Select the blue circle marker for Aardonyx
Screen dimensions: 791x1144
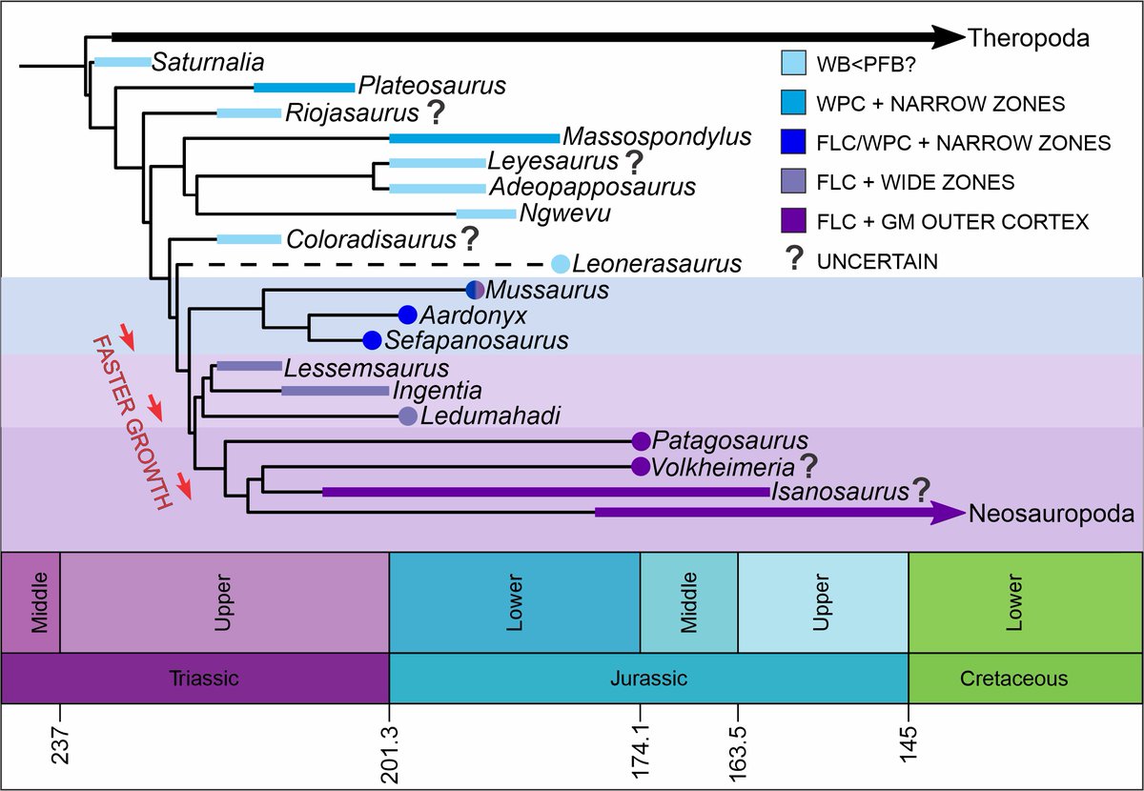coord(408,314)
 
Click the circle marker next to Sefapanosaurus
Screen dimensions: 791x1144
coord(373,339)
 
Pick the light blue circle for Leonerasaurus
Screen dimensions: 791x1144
coord(562,263)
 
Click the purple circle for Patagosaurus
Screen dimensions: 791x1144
coord(641,440)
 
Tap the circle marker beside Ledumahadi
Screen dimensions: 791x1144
coord(408,416)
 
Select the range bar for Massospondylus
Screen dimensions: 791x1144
coord(474,138)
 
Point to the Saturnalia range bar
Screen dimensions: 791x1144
coord(122,63)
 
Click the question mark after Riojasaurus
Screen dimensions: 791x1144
coord(435,113)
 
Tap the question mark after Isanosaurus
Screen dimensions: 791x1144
coord(920,491)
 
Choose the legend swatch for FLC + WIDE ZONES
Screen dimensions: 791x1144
coord(793,182)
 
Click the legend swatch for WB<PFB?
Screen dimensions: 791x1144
coord(793,63)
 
